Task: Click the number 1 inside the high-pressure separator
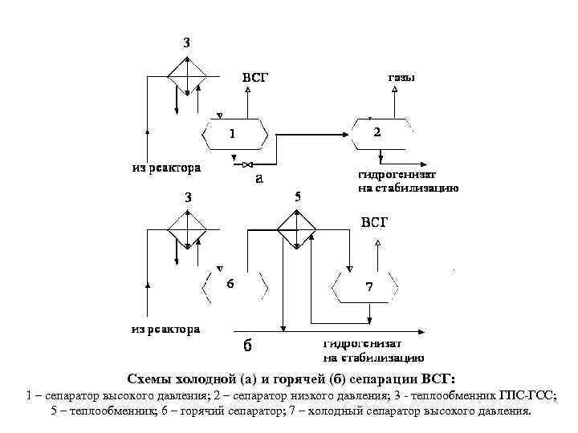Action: pos(233,133)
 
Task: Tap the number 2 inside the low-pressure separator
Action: pos(378,131)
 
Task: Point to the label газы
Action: pos(401,78)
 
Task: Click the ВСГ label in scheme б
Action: pos(373,221)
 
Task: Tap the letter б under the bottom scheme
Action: pos(247,346)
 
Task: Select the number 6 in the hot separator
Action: pos(230,284)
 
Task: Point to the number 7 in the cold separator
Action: pos(368,287)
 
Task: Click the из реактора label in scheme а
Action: pos(166,168)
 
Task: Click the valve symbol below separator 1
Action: pos(241,167)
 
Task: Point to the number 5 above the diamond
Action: pos(297,196)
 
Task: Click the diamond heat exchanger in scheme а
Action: pos(186,77)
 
